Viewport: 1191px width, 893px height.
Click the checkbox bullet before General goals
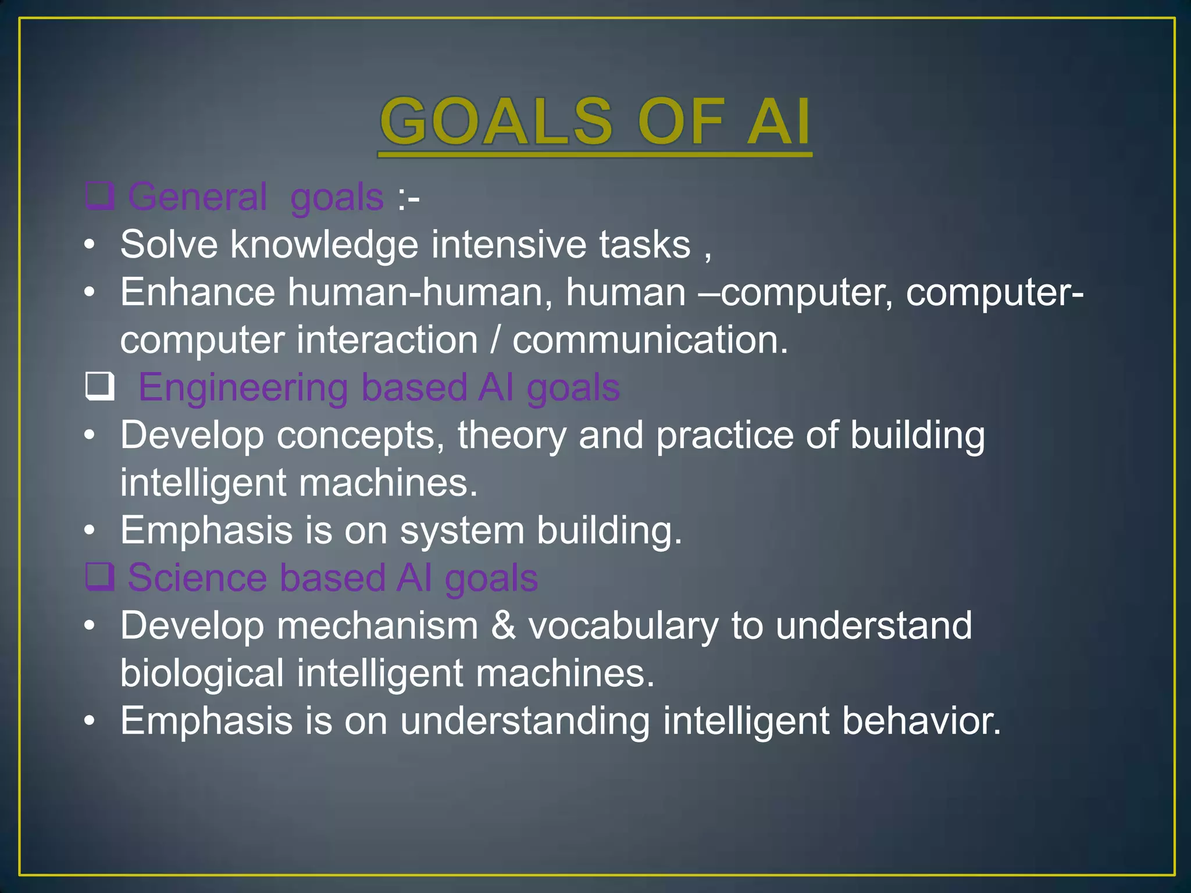[x=99, y=196]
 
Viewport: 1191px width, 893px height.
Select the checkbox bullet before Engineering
[x=99, y=387]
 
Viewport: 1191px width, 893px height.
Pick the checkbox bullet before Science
[x=99, y=577]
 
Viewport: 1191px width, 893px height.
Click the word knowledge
[x=324, y=244]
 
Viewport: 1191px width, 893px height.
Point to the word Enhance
[x=198, y=292]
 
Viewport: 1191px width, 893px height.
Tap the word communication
[x=650, y=340]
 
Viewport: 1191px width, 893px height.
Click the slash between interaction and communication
[x=495, y=340]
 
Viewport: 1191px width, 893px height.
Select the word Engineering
[x=243, y=387]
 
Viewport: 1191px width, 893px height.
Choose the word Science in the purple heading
[x=197, y=578]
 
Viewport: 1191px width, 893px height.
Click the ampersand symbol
[x=503, y=626]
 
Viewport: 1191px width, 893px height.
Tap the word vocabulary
[x=623, y=627]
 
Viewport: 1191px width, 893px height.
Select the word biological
[x=202, y=673]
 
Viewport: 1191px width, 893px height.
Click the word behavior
[x=921, y=721]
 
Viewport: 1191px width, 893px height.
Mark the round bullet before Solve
[x=89, y=245]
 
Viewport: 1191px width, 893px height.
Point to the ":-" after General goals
[x=408, y=198]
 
